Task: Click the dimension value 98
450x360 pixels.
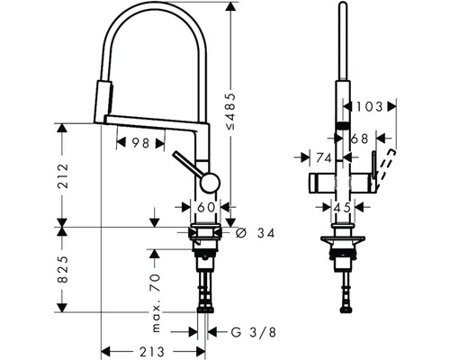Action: tap(139, 143)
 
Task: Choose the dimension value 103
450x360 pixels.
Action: tap(367, 106)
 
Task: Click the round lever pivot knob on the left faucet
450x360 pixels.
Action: tap(208, 183)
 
